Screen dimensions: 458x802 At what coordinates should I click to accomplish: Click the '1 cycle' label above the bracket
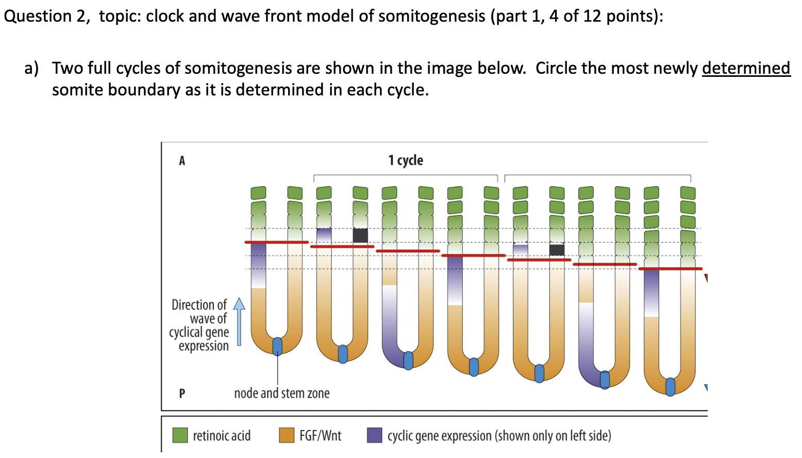click(406, 160)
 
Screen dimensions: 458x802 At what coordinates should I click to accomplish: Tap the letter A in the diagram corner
click(182, 161)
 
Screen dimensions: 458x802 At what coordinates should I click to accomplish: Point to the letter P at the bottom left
click(182, 394)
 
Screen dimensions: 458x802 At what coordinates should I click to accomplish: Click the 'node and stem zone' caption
click(281, 394)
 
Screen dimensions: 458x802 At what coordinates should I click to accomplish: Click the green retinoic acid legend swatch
click(180, 435)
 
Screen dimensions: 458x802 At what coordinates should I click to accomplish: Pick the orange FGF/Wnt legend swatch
click(286, 435)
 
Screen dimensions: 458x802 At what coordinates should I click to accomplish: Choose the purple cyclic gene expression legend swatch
click(374, 435)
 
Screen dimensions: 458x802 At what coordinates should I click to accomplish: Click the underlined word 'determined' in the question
click(746, 68)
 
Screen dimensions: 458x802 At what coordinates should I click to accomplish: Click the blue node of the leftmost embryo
click(277, 346)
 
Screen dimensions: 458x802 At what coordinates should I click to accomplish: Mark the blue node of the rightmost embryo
click(670, 386)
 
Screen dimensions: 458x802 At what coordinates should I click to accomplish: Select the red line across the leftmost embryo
click(276, 242)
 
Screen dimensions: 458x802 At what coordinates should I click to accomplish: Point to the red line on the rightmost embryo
click(670, 269)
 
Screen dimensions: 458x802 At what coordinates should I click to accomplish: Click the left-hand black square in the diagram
click(360, 236)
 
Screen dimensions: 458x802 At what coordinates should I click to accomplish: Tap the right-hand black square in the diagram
click(557, 250)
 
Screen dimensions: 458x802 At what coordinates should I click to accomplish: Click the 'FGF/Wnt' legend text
click(320, 436)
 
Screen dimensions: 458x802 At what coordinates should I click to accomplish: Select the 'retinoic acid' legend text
click(222, 436)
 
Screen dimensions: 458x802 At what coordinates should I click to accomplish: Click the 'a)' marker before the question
click(31, 68)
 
